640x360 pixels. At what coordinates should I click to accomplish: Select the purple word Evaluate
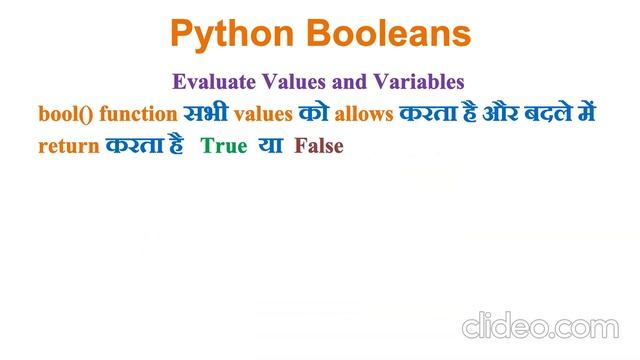[x=212, y=81]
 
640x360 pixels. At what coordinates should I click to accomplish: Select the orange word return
[x=70, y=146]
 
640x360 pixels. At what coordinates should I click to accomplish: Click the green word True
[x=224, y=146]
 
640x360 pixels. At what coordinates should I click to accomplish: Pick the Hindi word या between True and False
[x=271, y=146]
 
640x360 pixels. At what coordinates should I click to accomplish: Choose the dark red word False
[x=319, y=146]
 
